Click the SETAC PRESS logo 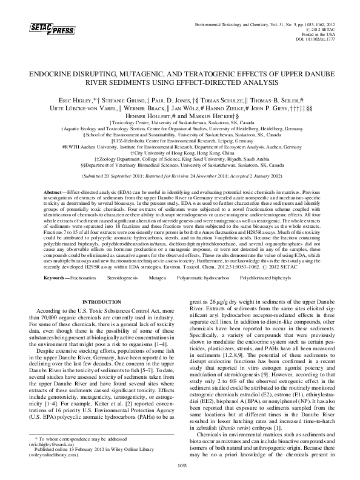tap(41, 28)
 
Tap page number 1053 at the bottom tap(180, 465)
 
